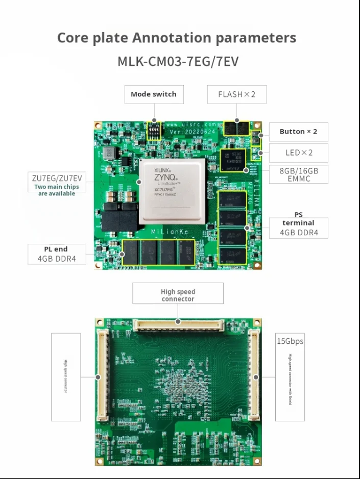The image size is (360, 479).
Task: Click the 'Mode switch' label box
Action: pos(154,94)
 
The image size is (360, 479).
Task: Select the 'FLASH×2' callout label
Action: pos(236,94)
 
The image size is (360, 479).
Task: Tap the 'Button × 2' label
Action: pos(298,132)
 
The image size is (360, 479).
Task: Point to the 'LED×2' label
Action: pos(299,153)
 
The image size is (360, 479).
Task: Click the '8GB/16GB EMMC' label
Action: pos(299,174)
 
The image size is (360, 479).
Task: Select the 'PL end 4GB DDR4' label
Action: pos(56,254)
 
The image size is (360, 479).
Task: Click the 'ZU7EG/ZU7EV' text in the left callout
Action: pos(56,178)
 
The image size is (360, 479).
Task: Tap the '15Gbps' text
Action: pos(290,341)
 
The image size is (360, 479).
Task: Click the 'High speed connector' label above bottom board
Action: pos(178,295)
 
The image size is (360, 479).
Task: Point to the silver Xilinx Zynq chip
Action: pos(172,191)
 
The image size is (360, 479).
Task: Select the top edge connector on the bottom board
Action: pos(178,324)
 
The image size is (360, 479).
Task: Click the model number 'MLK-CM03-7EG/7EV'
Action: pos(178,62)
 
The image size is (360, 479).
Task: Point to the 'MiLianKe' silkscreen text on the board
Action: pos(171,232)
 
